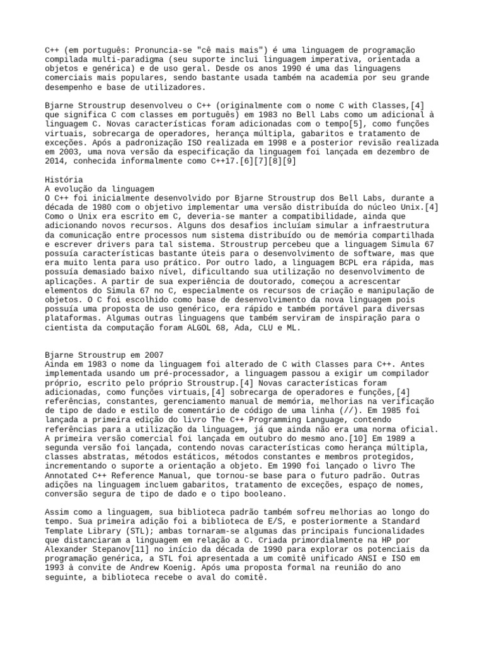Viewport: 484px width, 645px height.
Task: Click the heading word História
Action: point(64,180)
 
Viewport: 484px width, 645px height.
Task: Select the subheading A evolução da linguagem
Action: point(100,188)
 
